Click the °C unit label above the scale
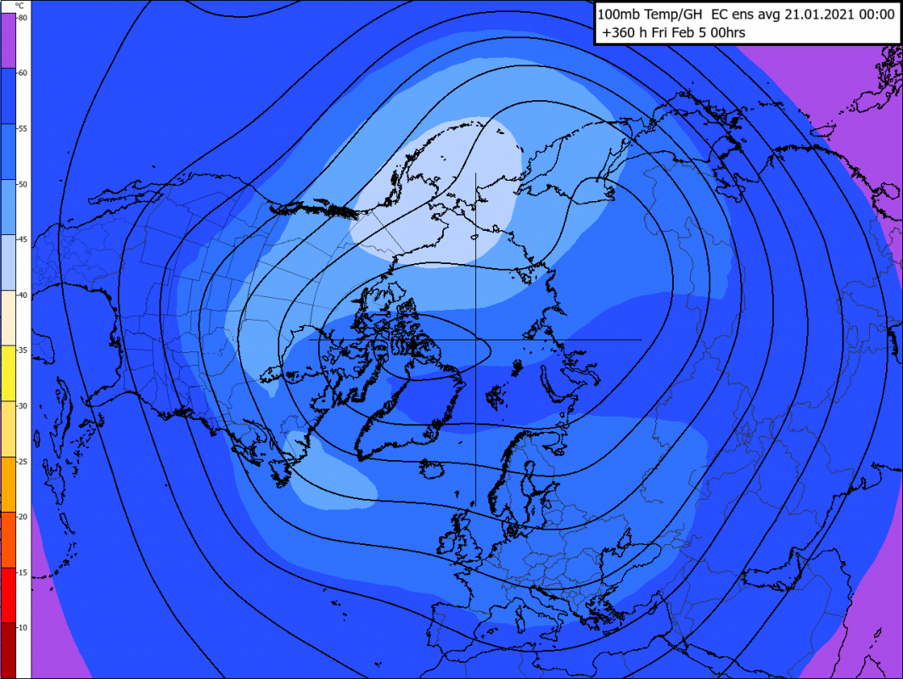[x=19, y=5]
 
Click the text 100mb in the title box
[x=614, y=14]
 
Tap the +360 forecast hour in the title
[x=619, y=33]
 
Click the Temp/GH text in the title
[x=665, y=14]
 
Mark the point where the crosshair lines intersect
[x=475, y=339]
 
